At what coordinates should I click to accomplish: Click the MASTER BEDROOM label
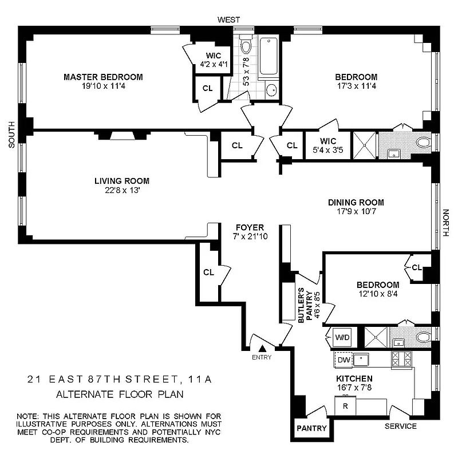pos(103,77)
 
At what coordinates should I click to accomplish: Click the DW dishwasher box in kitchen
pos(342,360)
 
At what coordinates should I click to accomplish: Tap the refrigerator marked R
pos(345,406)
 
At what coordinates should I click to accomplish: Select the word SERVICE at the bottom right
pos(400,427)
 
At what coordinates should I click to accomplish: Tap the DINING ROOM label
pos(356,202)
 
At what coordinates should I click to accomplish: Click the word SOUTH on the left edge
pos(11,137)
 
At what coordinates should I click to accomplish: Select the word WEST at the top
pos(229,20)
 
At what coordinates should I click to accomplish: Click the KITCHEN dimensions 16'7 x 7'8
pos(355,388)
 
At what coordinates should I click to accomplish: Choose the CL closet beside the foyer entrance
pos(208,272)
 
